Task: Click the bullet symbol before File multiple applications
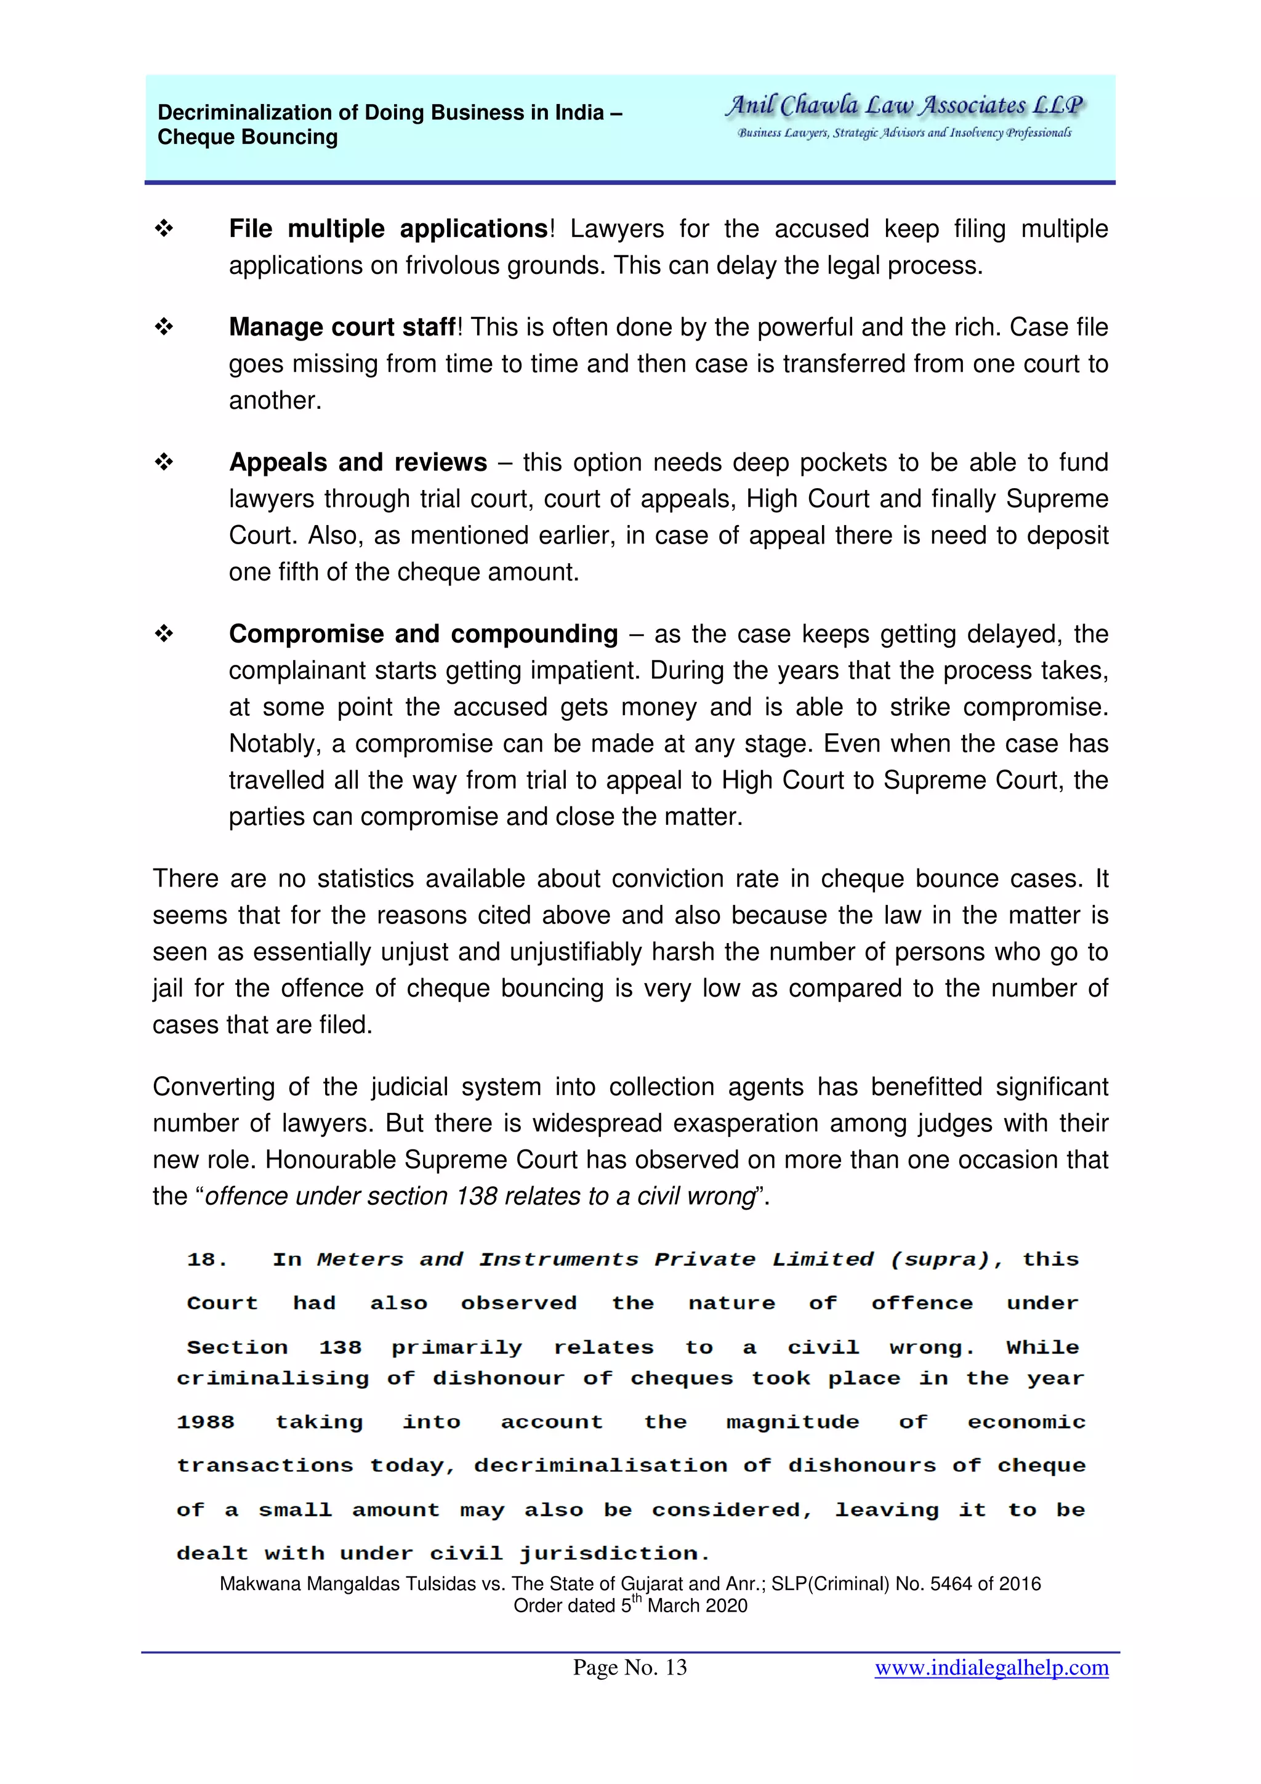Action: tap(163, 228)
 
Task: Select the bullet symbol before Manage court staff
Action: tap(163, 326)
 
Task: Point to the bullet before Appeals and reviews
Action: tap(163, 462)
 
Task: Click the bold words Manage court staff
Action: tap(341, 327)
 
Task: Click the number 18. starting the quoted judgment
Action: tap(207, 1260)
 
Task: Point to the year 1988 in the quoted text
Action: tap(205, 1422)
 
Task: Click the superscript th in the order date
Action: tap(636, 1598)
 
